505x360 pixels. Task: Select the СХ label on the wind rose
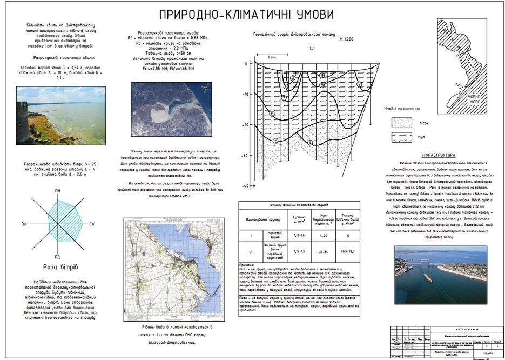click(91, 223)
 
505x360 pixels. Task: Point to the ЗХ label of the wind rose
click(24, 223)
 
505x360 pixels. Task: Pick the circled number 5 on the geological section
click(276, 141)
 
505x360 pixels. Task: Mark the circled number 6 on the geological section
click(272, 114)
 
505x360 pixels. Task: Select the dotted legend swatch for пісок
click(399, 123)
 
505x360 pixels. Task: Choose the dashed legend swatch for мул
click(399, 137)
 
